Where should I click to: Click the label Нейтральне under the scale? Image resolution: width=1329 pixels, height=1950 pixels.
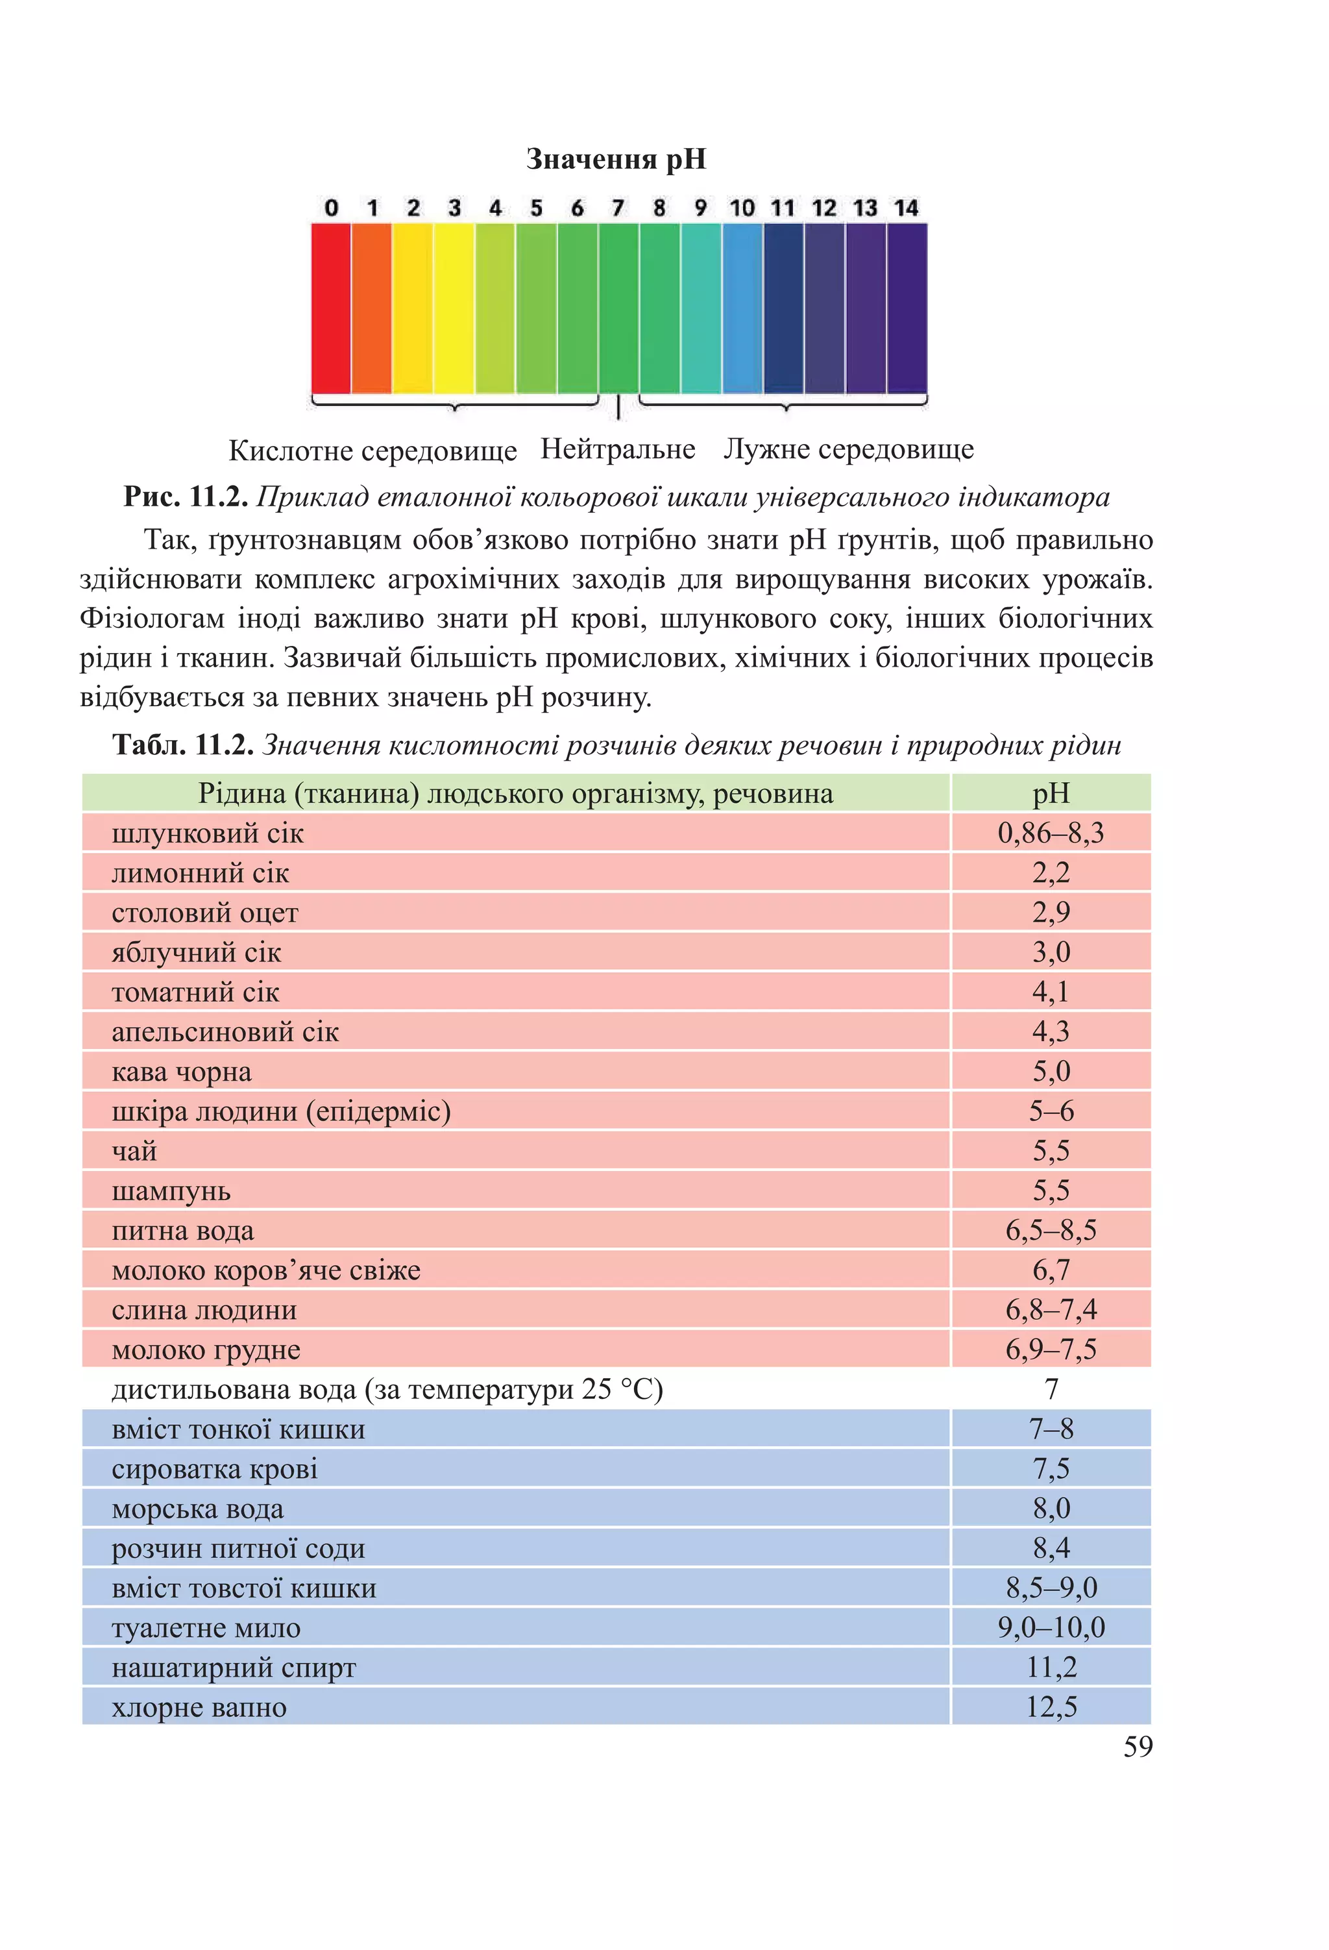pyautogui.click(x=618, y=449)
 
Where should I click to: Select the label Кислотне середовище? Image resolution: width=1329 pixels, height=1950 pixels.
pyautogui.click(x=372, y=450)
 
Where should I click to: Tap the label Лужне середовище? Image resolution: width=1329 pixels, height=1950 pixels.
pyautogui.click(x=848, y=449)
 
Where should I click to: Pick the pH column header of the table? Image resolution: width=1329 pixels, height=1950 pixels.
pyautogui.click(x=1051, y=793)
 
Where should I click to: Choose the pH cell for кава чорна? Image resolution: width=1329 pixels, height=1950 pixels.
pyautogui.click(x=1051, y=1072)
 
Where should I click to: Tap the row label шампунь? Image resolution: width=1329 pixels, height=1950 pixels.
pyautogui.click(x=171, y=1191)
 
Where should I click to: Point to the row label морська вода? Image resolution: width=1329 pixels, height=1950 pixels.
pyautogui.click(x=197, y=1509)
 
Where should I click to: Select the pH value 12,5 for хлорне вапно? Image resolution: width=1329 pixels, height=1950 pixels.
pyautogui.click(x=1051, y=1707)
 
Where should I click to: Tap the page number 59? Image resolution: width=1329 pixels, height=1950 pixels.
pyautogui.click(x=1137, y=1747)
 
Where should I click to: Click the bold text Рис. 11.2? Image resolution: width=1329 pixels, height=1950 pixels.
pyautogui.click(x=186, y=497)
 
